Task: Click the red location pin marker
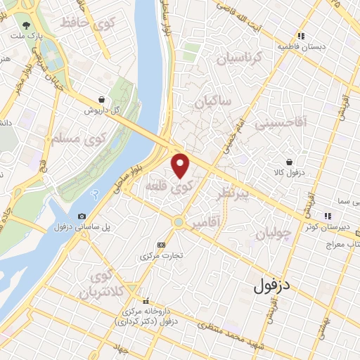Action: [x=181, y=165]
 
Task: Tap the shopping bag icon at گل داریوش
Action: [x=103, y=100]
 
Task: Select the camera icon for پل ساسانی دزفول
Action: [x=82, y=216]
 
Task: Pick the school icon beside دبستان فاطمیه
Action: [x=301, y=35]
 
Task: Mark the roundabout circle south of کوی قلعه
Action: [x=179, y=223]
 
